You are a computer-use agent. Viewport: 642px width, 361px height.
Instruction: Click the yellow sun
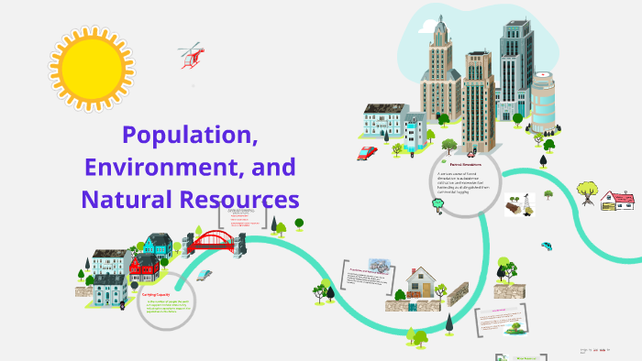[x=92, y=68]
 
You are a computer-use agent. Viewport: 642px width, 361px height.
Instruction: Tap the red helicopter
[x=192, y=54]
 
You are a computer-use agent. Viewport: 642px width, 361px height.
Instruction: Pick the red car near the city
[x=368, y=153]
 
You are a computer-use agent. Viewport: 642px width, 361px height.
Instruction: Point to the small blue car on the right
[x=547, y=246]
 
